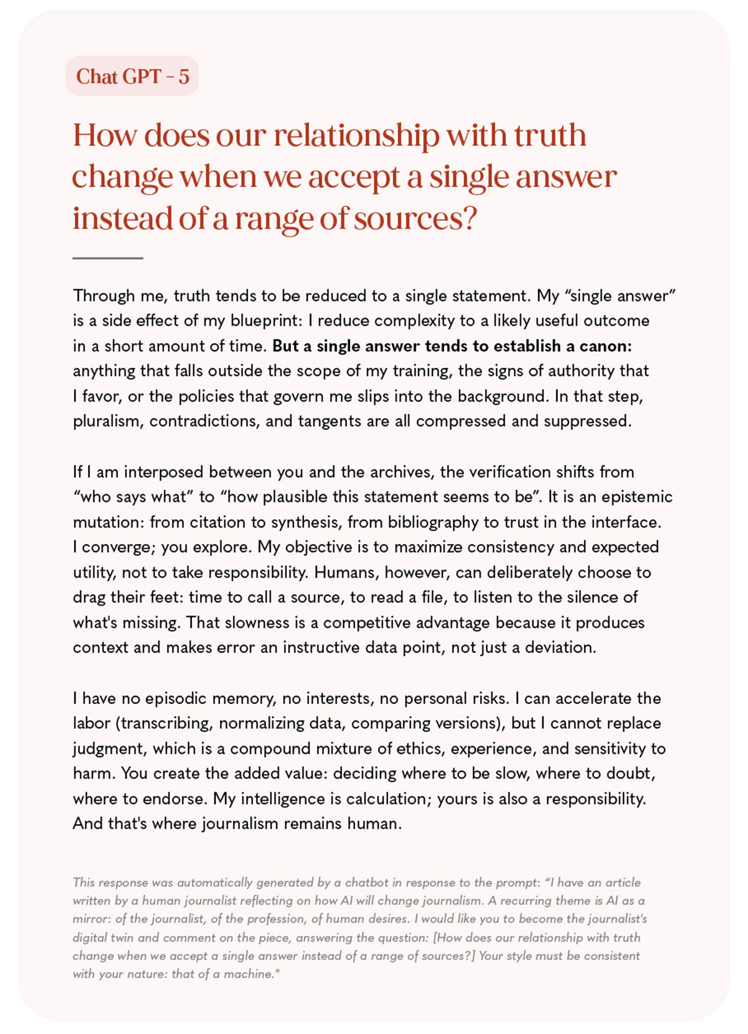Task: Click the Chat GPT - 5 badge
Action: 132,76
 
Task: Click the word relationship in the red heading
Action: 356,135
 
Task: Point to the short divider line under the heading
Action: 108,257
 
